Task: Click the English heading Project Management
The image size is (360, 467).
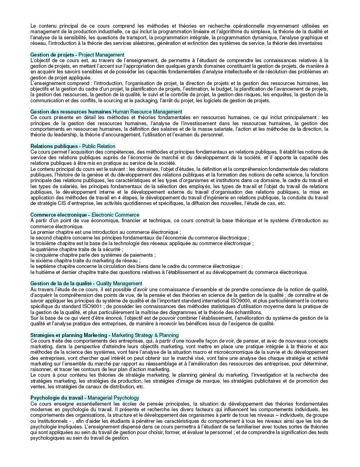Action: [x=101, y=55]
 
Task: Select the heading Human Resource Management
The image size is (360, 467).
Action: [x=147, y=112]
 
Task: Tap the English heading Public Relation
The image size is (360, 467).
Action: [x=99, y=146]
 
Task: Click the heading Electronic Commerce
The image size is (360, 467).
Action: [x=113, y=215]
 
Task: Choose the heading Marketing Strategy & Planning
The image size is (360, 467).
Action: [x=145, y=335]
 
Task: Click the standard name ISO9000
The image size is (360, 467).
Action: [x=231, y=301]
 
